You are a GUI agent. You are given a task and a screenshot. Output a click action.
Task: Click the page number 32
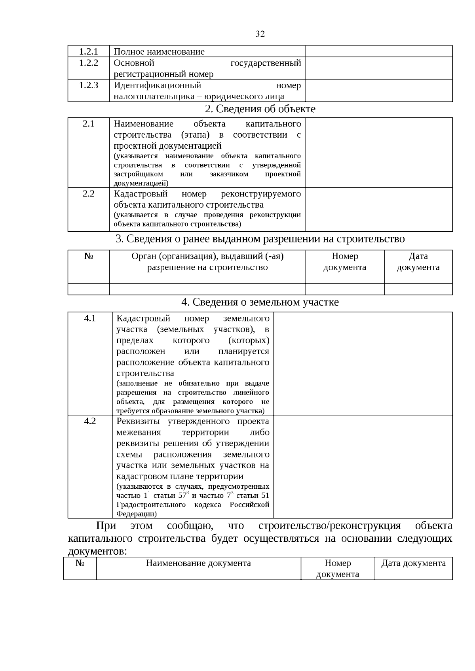[x=260, y=34]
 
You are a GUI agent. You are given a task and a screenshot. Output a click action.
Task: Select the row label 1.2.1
[x=88, y=51]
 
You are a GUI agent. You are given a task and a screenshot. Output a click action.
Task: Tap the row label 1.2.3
[x=88, y=85]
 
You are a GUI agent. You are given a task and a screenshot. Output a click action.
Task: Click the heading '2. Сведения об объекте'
[x=260, y=109]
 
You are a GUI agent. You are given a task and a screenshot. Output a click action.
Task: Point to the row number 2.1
[x=88, y=124]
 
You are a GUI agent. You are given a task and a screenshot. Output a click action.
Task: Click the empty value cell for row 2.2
[x=378, y=209]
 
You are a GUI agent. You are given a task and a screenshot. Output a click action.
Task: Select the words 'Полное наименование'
[x=159, y=51]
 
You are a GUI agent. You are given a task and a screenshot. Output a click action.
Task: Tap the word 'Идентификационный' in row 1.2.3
[x=158, y=85]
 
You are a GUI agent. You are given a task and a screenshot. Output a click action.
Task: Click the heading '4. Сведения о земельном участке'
[x=260, y=302]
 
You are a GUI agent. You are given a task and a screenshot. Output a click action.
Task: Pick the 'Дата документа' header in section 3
[x=418, y=262]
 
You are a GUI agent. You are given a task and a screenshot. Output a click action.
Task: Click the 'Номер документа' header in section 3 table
[x=344, y=262]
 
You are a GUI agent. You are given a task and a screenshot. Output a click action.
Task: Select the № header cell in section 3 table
[x=88, y=256]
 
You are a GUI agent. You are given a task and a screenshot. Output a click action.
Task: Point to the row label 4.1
[x=90, y=318]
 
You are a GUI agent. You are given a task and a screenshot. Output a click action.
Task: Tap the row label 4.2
[x=90, y=421]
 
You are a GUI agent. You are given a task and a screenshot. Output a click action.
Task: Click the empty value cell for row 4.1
[x=363, y=363]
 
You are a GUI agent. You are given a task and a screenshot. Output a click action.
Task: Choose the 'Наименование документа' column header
[x=198, y=563]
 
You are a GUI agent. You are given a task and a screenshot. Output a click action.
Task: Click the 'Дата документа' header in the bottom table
[x=413, y=563]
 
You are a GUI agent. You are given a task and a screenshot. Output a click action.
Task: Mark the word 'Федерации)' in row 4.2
[x=137, y=514]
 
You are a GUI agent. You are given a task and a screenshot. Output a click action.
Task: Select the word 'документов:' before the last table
[x=97, y=551]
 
